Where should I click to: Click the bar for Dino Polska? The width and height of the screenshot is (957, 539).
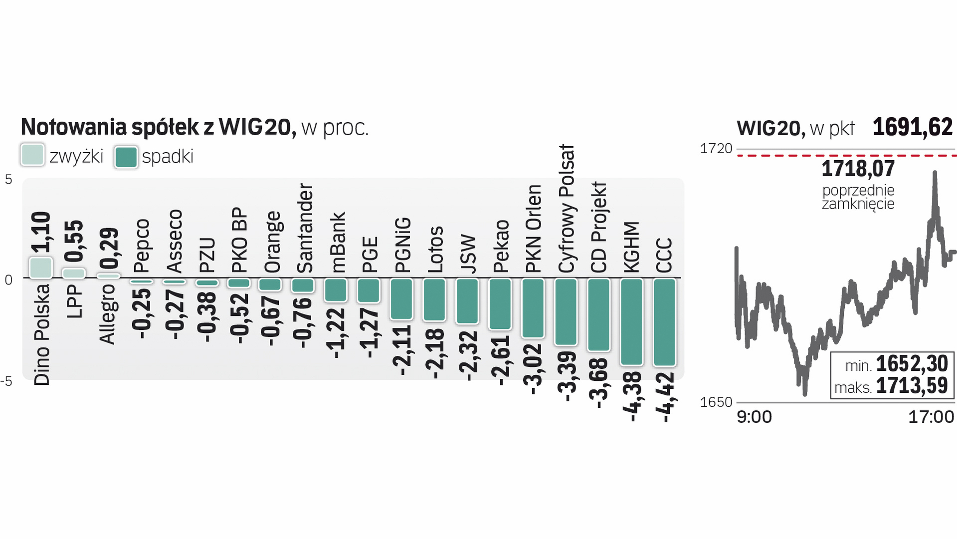[x=41, y=268]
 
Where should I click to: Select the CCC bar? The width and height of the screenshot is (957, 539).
[x=664, y=322]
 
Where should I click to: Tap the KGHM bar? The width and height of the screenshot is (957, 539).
[x=631, y=322]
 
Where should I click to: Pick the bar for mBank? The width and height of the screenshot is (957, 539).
[x=336, y=290]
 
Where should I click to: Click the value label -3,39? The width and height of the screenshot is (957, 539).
[x=567, y=376]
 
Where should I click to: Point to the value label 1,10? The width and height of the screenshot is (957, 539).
[x=41, y=232]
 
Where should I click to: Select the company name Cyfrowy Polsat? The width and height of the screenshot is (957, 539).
[x=567, y=209]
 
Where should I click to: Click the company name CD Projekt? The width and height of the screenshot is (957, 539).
[x=598, y=227]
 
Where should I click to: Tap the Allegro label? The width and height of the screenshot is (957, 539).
[x=107, y=314]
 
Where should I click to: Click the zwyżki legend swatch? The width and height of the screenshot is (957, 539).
[x=32, y=155]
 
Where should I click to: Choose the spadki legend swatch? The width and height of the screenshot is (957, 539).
[x=126, y=157]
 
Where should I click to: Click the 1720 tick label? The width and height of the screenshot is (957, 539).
[x=716, y=148]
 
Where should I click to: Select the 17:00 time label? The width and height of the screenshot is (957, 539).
[x=931, y=417]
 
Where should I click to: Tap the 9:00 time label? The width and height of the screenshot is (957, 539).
[x=754, y=417]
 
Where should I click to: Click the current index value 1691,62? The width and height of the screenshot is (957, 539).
[x=912, y=127]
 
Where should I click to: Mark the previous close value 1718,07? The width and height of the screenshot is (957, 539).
[x=858, y=169]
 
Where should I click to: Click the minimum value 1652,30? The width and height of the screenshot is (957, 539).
[x=912, y=364]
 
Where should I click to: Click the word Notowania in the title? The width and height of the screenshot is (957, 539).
[x=74, y=127]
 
